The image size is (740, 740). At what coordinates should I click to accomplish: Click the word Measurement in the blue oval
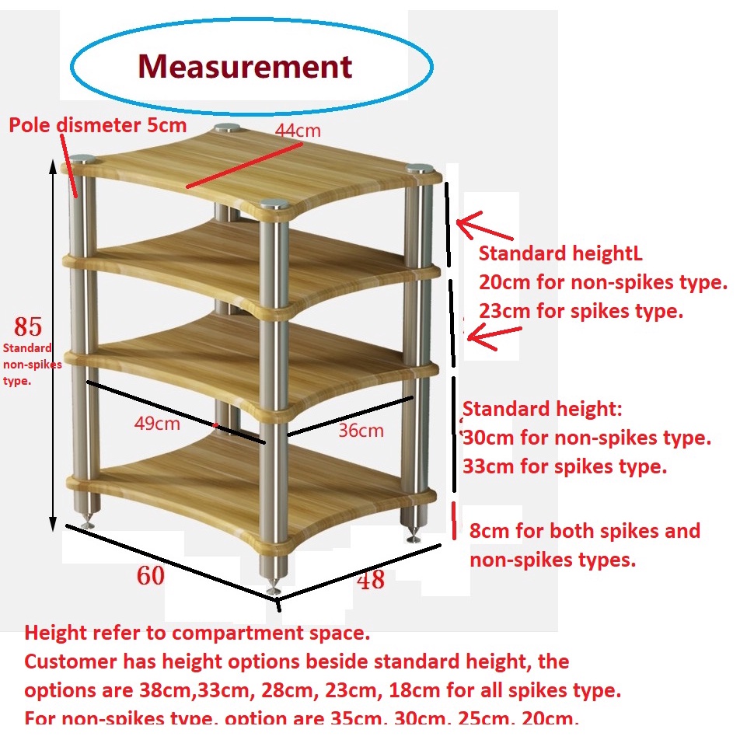pyautogui.click(x=245, y=66)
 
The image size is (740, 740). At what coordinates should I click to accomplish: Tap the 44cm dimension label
pyautogui.click(x=297, y=131)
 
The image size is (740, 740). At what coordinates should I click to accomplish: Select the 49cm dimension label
pyautogui.click(x=157, y=424)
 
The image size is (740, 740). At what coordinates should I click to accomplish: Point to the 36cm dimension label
pyautogui.click(x=361, y=431)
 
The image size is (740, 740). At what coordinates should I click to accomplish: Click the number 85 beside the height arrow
pyautogui.click(x=23, y=326)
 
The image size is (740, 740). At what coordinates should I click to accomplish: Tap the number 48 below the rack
pyautogui.click(x=371, y=579)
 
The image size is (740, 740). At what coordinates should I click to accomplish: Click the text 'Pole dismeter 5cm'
pyautogui.click(x=97, y=125)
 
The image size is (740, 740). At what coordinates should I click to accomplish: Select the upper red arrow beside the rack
pyautogui.click(x=483, y=228)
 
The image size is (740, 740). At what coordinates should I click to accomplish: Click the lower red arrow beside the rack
pyautogui.click(x=494, y=335)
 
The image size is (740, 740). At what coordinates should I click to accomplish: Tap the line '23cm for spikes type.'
pyautogui.click(x=581, y=311)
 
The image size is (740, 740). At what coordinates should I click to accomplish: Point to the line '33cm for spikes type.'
pyautogui.click(x=565, y=466)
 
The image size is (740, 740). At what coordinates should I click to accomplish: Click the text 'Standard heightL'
pyautogui.click(x=560, y=253)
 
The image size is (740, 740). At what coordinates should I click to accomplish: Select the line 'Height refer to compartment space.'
pyautogui.click(x=197, y=633)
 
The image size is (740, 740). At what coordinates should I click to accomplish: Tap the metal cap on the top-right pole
pyautogui.click(x=420, y=169)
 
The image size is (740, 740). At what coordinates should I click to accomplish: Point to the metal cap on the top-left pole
pyautogui.click(x=79, y=160)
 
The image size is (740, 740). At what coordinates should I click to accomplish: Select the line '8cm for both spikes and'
pyautogui.click(x=585, y=531)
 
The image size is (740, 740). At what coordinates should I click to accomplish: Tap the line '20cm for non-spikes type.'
pyautogui.click(x=602, y=282)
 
